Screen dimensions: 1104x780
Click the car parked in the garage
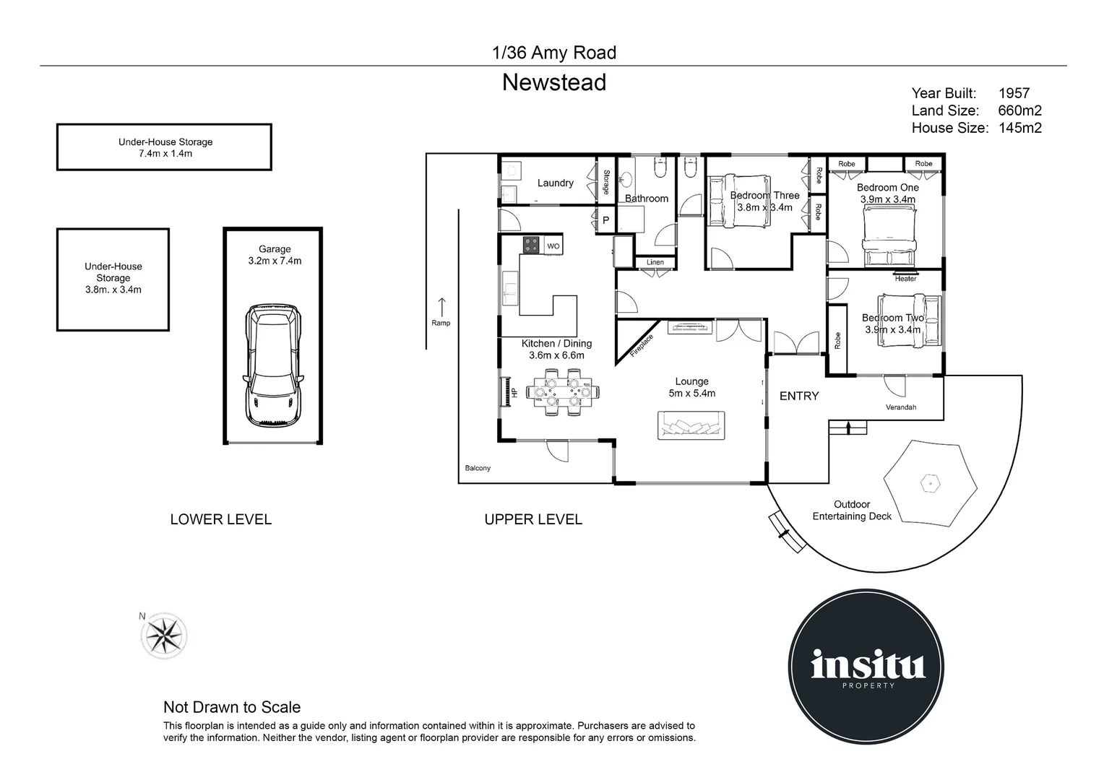pos(275,365)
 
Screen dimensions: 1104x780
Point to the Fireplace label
pos(641,345)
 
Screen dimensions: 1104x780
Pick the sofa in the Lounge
pos(691,425)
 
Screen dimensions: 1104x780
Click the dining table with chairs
pos(563,392)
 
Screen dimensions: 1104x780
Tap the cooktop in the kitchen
pos(532,246)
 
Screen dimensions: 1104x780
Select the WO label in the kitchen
pos(553,246)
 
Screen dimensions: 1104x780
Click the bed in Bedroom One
pos(889,235)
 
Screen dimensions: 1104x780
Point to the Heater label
pos(905,279)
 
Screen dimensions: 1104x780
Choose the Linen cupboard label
pos(655,262)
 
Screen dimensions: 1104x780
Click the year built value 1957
pos(1014,93)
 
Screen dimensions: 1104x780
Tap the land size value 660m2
pos(1019,110)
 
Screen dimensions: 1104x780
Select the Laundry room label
pos(555,183)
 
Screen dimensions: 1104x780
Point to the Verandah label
pos(901,407)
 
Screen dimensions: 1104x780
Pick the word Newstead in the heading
pos(554,83)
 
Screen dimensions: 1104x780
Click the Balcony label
pos(478,468)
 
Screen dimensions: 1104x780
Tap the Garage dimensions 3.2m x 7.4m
pos(275,261)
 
